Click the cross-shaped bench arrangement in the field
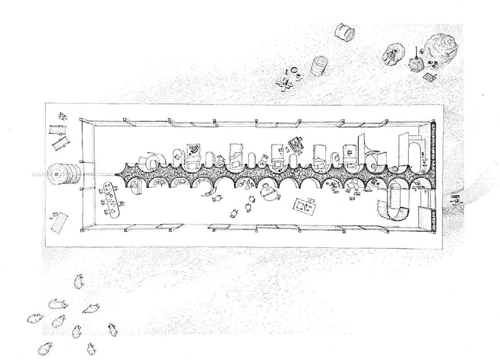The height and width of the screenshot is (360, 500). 286,84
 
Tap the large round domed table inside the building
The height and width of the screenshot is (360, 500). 268,194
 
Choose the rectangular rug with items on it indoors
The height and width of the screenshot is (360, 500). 306,206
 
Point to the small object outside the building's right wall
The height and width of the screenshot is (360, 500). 455,199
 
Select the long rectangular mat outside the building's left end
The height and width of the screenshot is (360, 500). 60,222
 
